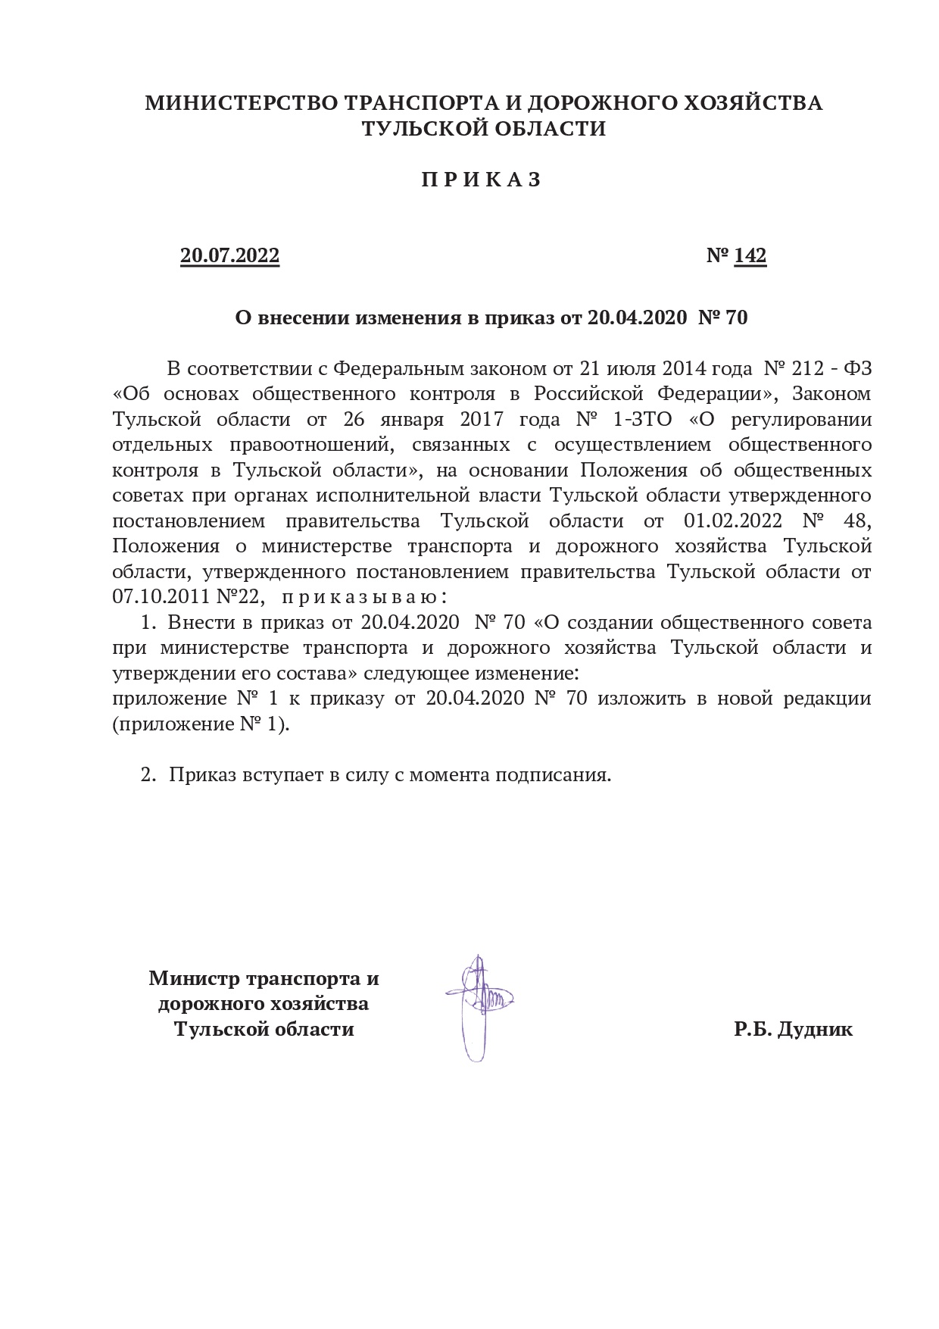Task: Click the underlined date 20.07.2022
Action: (229, 256)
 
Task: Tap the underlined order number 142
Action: (750, 256)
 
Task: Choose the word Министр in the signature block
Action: (195, 978)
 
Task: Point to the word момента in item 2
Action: (451, 775)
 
